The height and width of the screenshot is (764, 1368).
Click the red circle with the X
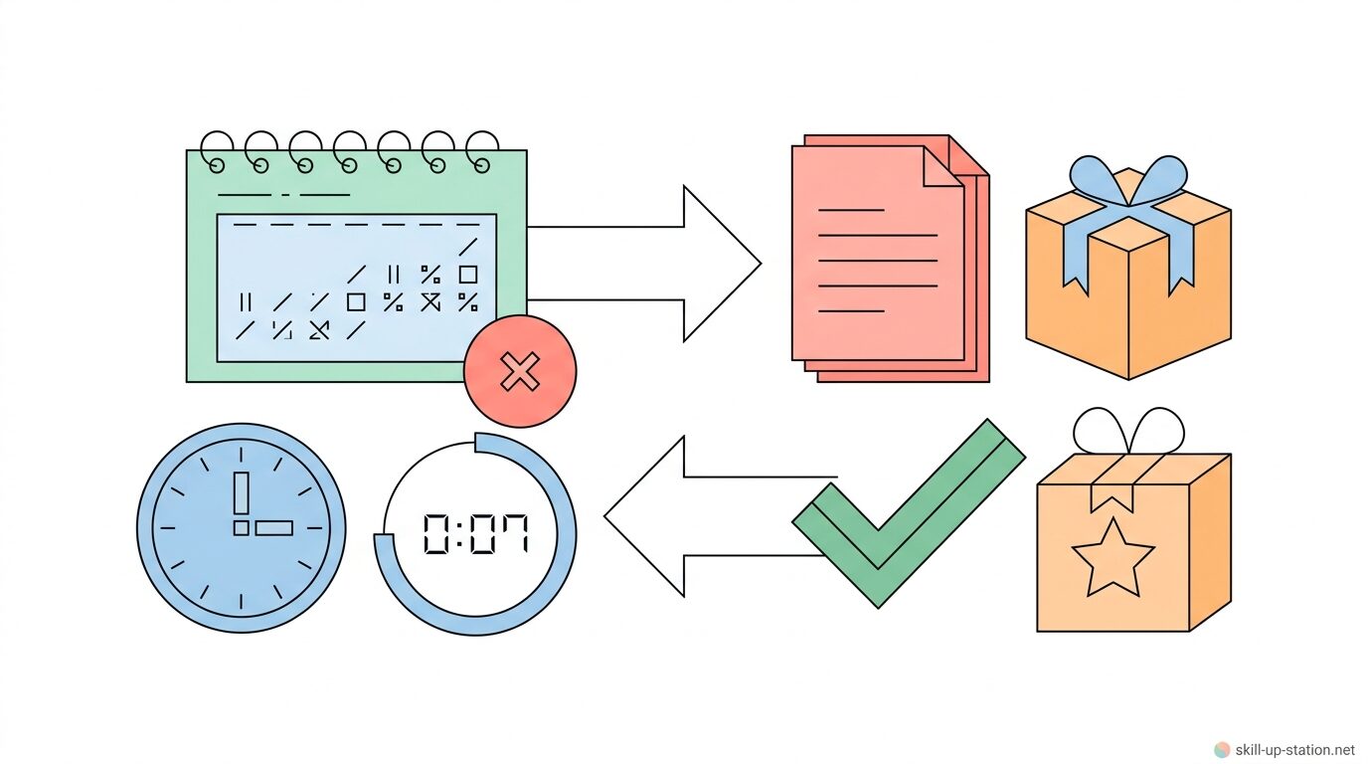click(519, 372)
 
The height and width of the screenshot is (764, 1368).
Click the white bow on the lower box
click(1128, 431)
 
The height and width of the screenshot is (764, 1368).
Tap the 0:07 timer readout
click(476, 534)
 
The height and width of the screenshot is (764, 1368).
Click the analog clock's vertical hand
click(241, 492)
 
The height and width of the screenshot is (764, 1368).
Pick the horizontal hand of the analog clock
click(273, 528)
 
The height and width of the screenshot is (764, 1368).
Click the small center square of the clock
click(241, 528)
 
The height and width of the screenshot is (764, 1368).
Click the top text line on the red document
click(850, 210)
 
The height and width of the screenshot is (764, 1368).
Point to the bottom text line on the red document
click(850, 311)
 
